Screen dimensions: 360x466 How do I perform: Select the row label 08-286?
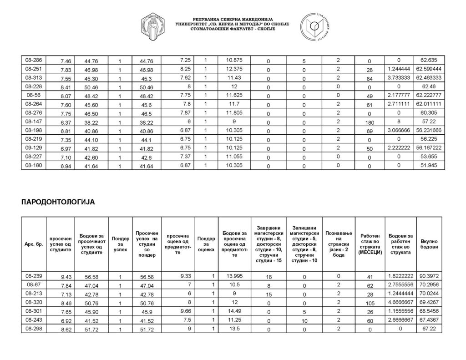click(x=34, y=60)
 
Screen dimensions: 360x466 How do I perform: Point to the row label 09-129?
click(x=34, y=148)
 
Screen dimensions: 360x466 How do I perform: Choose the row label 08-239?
click(x=34, y=276)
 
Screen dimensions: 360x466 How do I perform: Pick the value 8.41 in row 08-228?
click(x=66, y=87)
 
